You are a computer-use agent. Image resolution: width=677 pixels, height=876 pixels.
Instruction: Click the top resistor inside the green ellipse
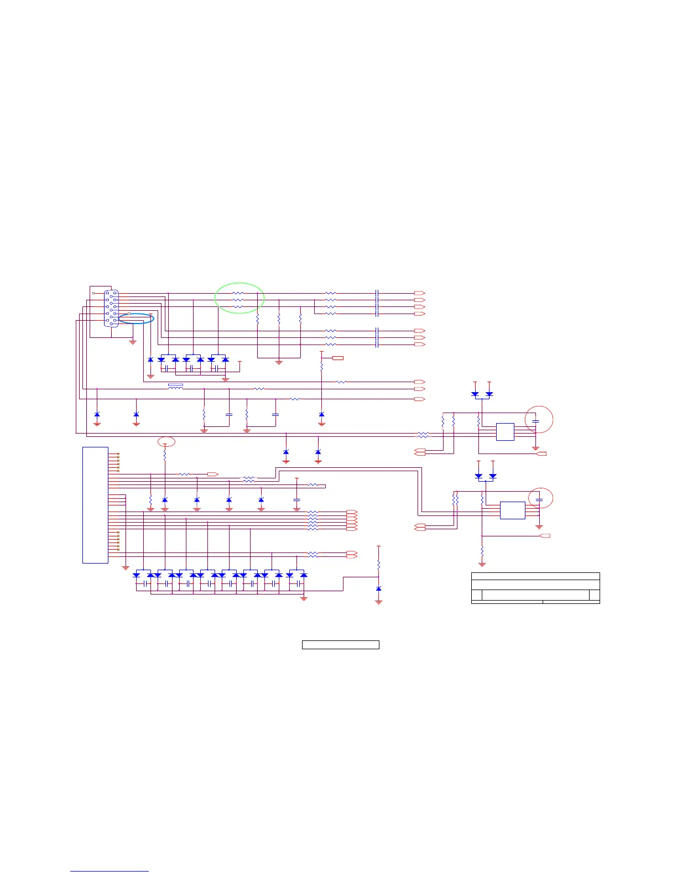[x=238, y=293]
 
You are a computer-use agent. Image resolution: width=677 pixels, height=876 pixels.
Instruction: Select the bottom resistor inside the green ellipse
[x=238, y=306]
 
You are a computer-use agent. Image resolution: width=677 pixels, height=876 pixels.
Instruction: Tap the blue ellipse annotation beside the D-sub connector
[x=136, y=317]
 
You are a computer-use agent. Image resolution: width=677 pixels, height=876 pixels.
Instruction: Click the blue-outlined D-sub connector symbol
[x=111, y=308]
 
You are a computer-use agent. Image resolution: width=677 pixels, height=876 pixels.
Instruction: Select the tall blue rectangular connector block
[x=95, y=505]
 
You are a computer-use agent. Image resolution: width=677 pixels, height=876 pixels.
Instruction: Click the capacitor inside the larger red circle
[x=535, y=422]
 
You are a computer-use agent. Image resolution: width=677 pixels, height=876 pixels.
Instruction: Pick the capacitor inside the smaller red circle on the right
[x=540, y=499]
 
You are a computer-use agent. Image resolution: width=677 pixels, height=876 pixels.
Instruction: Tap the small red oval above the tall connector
[x=166, y=441]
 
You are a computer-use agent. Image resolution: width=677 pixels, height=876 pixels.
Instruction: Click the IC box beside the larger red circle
[x=505, y=432]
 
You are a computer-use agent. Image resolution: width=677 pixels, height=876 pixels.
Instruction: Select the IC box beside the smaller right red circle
[x=512, y=510]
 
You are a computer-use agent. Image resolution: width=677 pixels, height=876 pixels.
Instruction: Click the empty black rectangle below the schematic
[x=340, y=644]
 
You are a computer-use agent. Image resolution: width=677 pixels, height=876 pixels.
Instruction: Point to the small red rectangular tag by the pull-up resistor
[x=337, y=358]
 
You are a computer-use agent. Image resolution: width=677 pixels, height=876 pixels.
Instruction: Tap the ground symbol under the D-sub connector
[x=133, y=342]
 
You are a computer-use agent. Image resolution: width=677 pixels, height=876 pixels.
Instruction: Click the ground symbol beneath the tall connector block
[x=126, y=567]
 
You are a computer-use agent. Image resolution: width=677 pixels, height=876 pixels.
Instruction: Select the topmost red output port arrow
[x=419, y=293]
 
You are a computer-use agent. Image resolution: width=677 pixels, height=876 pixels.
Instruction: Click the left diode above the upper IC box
[x=475, y=394]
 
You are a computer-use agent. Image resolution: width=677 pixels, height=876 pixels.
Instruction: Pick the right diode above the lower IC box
[x=493, y=476]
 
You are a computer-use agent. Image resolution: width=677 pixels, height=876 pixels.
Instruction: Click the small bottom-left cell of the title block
[x=477, y=595]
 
